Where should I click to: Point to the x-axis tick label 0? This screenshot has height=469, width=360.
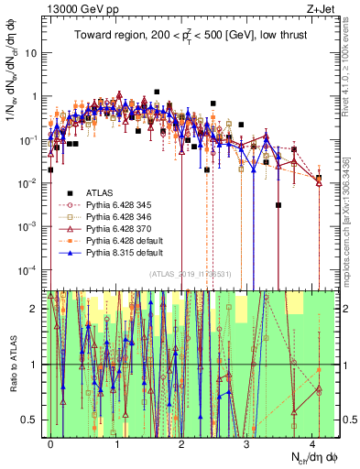pos(50,442)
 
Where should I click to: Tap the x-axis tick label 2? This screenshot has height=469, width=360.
pos(181,442)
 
